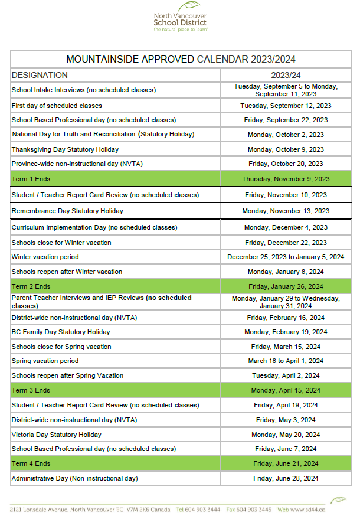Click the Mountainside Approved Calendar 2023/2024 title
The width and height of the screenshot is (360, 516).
181,59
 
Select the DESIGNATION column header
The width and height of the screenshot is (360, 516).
40,75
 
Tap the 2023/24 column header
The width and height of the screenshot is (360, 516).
286,75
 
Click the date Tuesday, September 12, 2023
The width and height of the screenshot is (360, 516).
286,106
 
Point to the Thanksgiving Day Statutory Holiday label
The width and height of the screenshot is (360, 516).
65,149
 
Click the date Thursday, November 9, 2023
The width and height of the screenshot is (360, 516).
286,179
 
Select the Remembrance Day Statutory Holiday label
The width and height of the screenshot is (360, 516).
67,211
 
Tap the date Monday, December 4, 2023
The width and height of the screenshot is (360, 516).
286,227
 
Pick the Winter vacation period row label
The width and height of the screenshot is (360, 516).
45,257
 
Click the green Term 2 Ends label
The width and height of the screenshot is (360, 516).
31,286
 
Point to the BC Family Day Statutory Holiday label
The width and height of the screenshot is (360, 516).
61,332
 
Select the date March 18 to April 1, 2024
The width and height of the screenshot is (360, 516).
286,361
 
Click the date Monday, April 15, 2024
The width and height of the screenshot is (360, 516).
286,390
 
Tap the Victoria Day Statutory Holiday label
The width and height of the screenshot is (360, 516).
56,435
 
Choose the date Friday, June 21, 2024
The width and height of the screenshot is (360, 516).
286,463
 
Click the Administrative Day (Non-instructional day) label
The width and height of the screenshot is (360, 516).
75,478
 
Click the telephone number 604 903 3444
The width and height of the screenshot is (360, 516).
204,509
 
